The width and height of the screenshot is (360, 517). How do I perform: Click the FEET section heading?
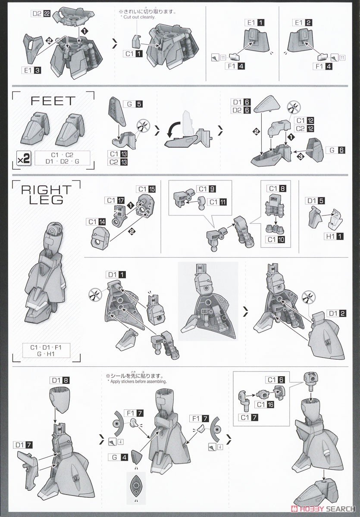pyautogui.click(x=53, y=101)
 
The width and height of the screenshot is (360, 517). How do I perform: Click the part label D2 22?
pyautogui.click(x=41, y=14)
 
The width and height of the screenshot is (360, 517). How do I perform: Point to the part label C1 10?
pyautogui.click(x=275, y=240)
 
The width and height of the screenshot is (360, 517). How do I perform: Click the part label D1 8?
pyautogui.click(x=60, y=380)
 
